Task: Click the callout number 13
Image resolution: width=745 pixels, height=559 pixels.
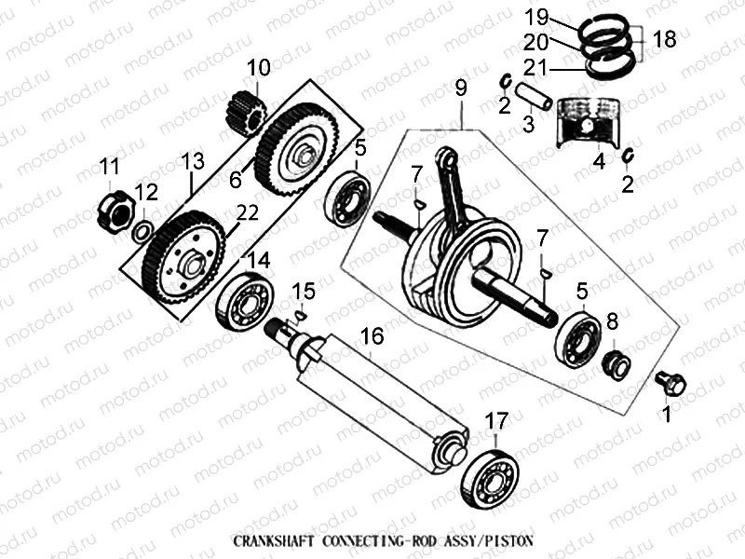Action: point(192,162)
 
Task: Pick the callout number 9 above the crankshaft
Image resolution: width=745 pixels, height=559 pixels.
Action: point(460,89)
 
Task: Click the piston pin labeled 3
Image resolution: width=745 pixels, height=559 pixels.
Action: point(537,97)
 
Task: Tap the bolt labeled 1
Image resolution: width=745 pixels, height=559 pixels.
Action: point(670,382)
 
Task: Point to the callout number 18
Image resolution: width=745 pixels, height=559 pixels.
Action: point(664,39)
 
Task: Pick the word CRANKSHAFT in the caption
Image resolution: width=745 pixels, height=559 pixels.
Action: point(275,540)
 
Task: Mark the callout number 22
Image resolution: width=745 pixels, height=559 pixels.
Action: point(246,213)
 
